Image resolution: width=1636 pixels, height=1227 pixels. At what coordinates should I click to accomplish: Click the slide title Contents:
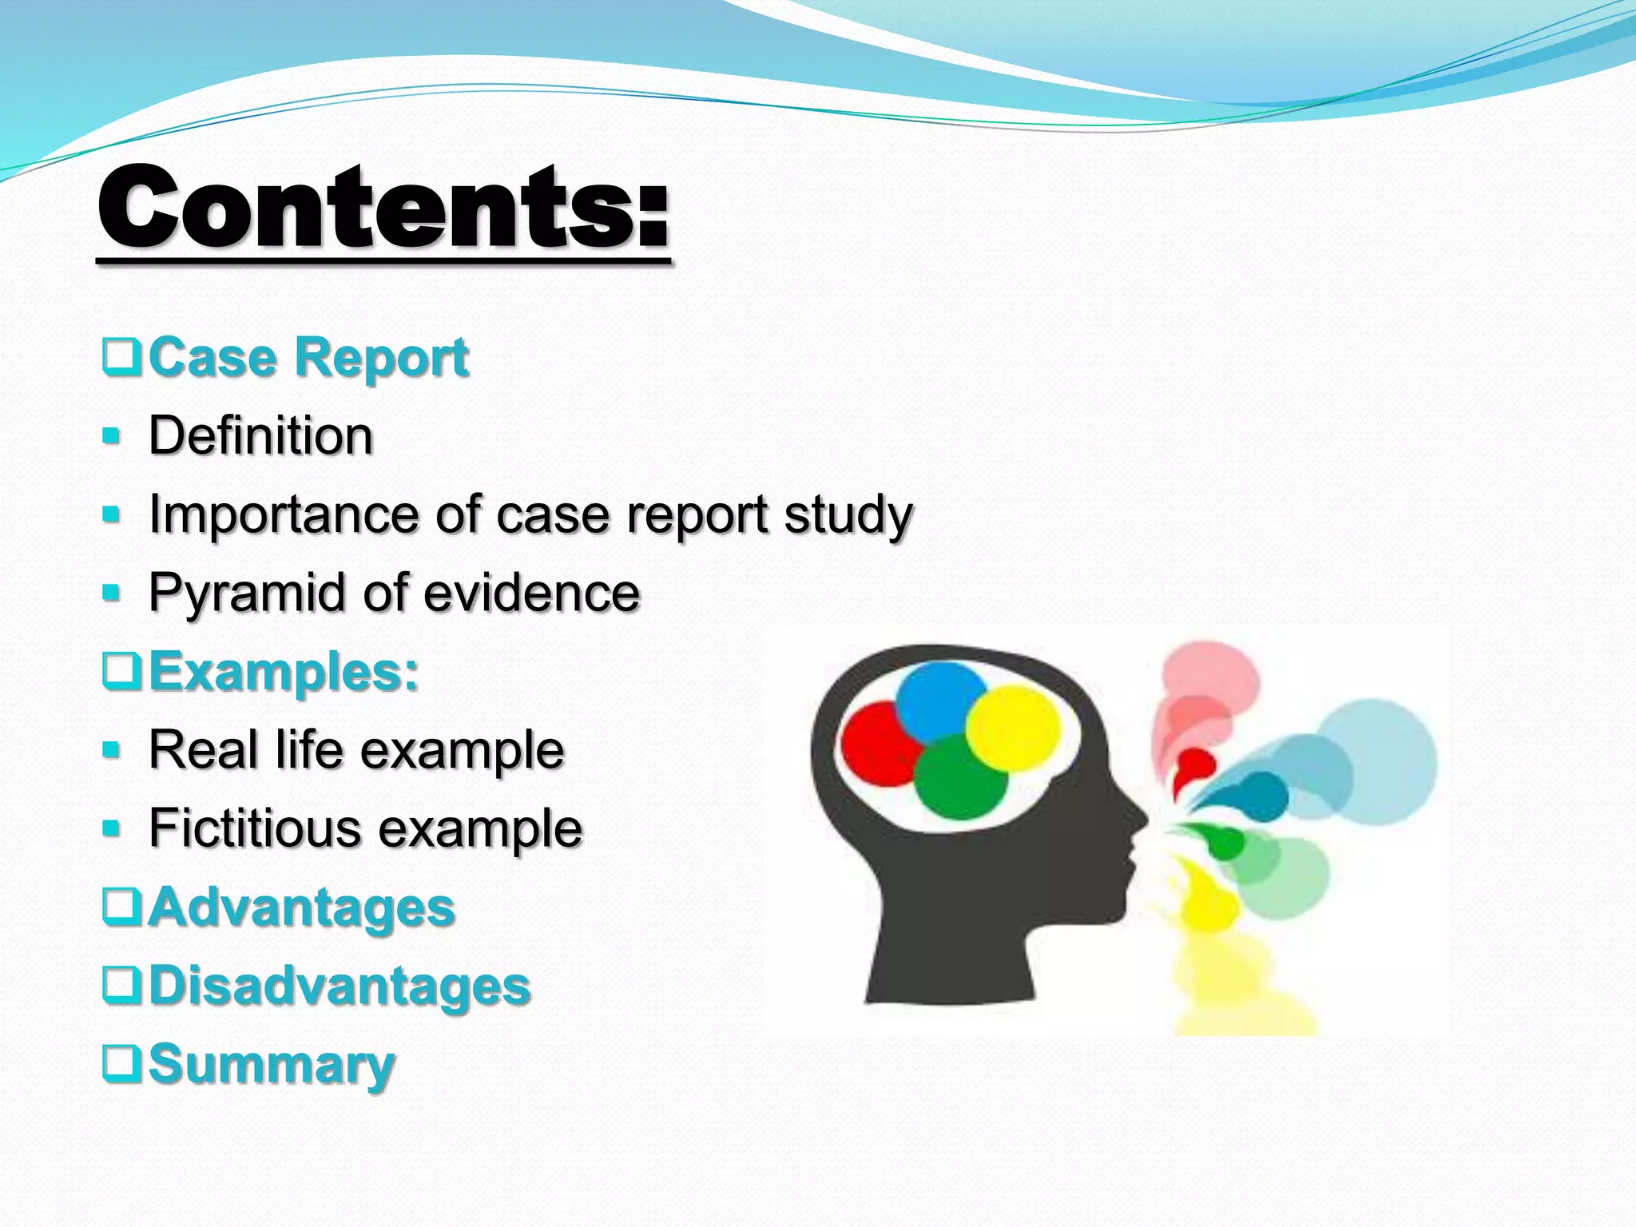[x=383, y=209]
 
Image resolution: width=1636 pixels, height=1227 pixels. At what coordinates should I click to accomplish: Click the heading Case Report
[x=308, y=357]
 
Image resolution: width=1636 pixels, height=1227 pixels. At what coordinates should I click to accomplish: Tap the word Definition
[x=260, y=436]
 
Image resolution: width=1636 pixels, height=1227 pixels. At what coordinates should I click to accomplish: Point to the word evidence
[x=531, y=594]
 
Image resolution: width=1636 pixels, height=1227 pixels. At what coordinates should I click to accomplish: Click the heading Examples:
[x=284, y=672]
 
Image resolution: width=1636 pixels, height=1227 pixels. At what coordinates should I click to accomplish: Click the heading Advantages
[x=301, y=907]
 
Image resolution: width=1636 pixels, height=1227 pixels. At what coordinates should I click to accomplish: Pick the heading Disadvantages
[x=340, y=986]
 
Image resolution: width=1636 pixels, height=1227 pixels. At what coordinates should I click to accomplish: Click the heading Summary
[x=272, y=1064]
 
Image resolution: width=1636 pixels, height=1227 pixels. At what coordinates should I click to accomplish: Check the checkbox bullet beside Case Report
[x=122, y=358]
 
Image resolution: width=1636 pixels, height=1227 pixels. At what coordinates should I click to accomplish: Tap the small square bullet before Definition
[x=112, y=437]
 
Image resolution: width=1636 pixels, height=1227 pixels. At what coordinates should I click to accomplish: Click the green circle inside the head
[x=961, y=779]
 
